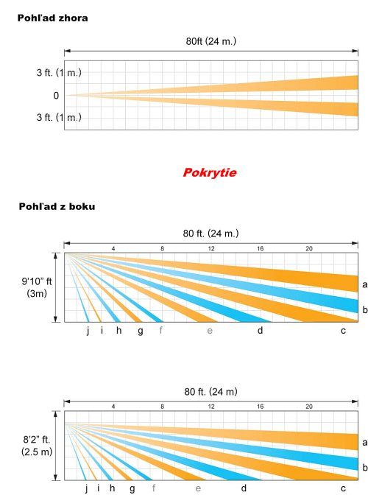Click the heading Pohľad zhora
53,18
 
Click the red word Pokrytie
210,172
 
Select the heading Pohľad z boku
57,206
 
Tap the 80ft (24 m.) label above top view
211,41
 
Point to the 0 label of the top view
56,95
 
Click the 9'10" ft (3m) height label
37,287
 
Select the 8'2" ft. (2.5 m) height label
37,446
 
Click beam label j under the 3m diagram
88,331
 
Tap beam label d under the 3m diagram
260,330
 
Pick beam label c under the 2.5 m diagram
343,488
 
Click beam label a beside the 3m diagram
365,285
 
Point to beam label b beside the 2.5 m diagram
365,467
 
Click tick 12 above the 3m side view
211,249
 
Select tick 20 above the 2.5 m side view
308,407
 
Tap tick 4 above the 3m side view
113,249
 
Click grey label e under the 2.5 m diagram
198,488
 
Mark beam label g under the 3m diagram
141,331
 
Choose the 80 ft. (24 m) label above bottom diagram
210,392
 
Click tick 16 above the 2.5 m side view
260,407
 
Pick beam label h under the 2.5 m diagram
113,488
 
